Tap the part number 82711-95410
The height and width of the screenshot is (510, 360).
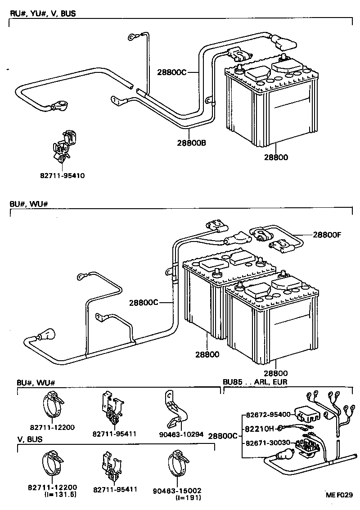(63, 175)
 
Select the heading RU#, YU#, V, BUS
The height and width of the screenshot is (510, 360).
(43, 13)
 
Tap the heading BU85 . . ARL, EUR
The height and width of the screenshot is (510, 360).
(255, 382)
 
